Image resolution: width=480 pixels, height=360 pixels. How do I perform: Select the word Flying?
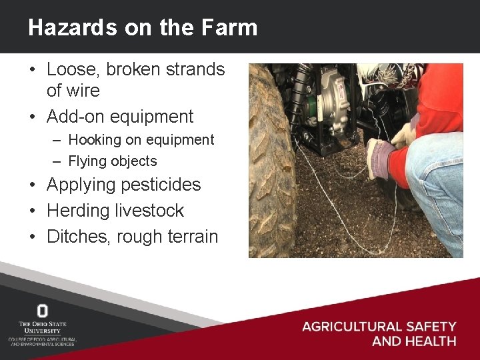coord(88,161)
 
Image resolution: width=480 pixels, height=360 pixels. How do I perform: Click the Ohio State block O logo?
coord(42,311)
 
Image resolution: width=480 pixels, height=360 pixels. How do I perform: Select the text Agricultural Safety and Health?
coord(379,333)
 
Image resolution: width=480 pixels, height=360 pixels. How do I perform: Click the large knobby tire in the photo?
coord(270,167)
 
